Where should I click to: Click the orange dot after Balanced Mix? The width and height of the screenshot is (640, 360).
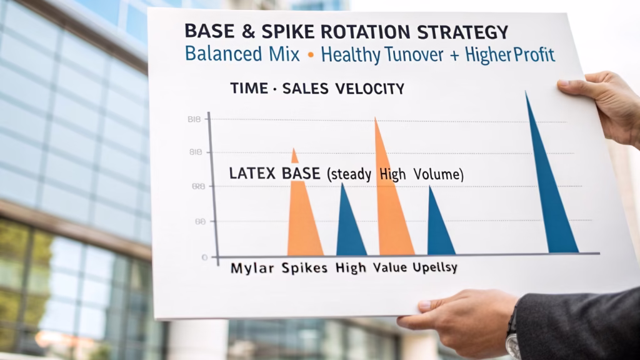311,56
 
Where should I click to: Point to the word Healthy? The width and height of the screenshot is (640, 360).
350,55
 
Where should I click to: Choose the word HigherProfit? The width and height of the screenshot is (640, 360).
509,55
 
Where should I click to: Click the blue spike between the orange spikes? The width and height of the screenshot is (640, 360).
349,228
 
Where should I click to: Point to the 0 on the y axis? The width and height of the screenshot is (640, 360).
204,257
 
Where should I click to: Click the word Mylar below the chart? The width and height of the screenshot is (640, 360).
252,269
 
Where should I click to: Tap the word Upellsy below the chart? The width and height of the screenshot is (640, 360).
435,269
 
